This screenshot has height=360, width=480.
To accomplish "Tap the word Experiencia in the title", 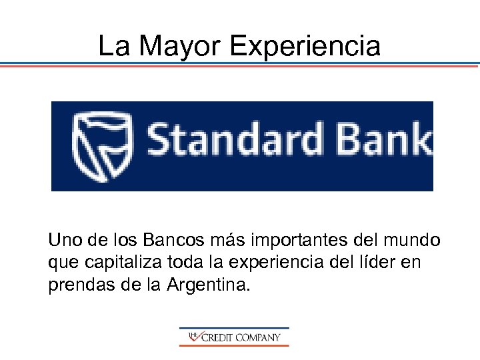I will click(x=305, y=47).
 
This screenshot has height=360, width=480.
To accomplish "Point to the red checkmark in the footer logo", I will click(x=195, y=338).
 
